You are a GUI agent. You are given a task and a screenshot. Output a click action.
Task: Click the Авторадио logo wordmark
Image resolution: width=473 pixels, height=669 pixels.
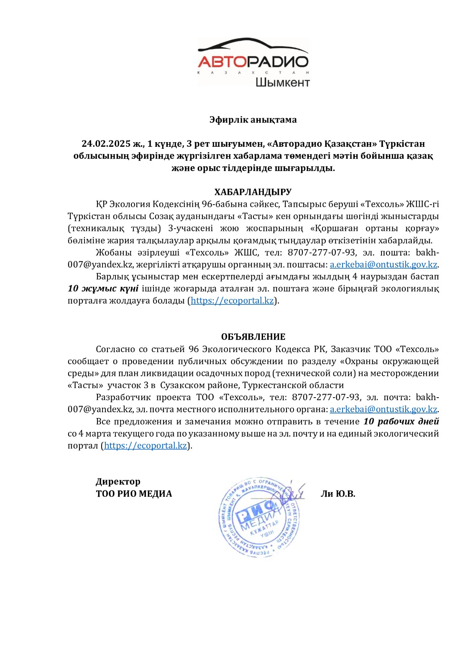[253, 62]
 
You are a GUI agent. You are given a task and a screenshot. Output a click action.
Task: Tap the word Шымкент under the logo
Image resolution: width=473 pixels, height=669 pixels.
[282, 82]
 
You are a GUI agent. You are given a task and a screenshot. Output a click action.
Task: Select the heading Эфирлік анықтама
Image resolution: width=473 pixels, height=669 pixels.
[253, 120]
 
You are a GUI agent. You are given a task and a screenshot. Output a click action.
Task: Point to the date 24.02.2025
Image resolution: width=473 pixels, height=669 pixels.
[106, 144]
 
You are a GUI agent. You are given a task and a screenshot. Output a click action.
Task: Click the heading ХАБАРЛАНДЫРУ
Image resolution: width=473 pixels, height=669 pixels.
[253, 192]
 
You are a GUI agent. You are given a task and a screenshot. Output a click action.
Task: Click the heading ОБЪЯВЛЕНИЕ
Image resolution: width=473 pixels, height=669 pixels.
[253, 337]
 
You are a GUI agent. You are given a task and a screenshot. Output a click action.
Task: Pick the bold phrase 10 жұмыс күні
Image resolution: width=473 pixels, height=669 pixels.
[103, 289]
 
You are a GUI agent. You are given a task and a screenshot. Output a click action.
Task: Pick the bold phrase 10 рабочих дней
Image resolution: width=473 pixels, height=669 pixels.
[401, 421]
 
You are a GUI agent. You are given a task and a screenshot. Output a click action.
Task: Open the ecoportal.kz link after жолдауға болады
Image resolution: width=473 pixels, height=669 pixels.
[232, 301]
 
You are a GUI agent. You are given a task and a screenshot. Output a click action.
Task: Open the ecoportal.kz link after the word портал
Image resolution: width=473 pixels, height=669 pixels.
[145, 445]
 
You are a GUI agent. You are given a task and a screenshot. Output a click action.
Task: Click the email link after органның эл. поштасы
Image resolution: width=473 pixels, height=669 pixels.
[384, 264]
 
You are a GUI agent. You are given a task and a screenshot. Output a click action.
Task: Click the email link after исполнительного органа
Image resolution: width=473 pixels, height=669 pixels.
[384, 409]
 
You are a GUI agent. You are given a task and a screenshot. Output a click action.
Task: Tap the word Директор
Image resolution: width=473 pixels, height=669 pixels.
[118, 481]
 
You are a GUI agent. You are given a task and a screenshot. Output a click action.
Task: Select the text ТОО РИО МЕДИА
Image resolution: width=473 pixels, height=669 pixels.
[134, 493]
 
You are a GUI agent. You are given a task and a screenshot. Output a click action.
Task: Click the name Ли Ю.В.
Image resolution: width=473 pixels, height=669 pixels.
[338, 493]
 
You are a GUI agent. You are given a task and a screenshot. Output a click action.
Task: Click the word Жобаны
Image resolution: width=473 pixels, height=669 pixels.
[110, 252]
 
